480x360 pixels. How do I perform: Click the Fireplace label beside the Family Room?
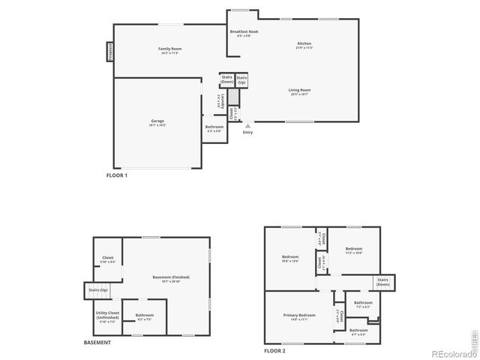(110, 53)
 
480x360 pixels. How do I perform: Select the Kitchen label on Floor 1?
(304, 46)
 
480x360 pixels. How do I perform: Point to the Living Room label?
(299, 92)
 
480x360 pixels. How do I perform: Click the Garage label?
(157, 122)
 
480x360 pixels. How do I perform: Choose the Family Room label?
(170, 50)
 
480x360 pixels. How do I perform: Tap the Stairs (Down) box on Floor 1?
(226, 79)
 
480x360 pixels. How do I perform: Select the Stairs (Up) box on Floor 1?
(241, 79)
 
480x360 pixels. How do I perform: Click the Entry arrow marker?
(247, 127)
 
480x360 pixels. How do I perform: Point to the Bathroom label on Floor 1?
(214, 128)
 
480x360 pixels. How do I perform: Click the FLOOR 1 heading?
(117, 175)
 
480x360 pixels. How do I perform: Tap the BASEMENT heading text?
(97, 343)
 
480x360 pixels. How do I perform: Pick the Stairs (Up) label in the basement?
(98, 289)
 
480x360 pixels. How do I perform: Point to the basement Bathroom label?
(145, 316)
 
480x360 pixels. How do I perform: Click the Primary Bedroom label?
(299, 316)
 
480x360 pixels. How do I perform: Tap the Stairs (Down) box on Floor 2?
(383, 283)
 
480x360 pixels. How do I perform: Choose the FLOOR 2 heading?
(274, 350)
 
